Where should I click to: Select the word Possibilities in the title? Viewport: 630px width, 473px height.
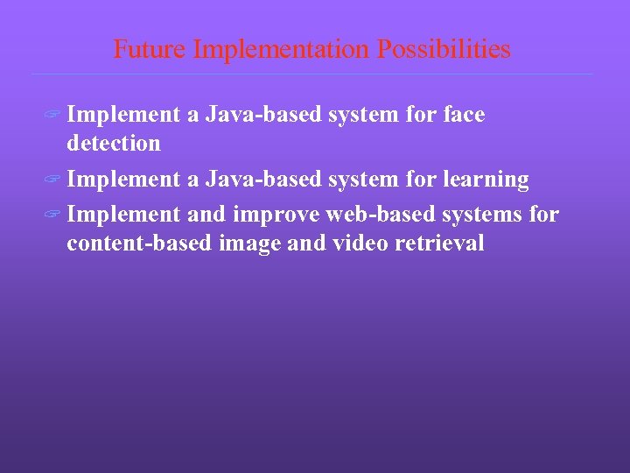tap(444, 49)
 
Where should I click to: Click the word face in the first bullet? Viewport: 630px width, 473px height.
tap(465, 115)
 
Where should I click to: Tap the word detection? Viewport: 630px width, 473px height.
tap(114, 143)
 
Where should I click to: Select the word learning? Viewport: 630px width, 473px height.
tap(487, 180)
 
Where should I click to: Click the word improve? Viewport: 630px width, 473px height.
tap(272, 215)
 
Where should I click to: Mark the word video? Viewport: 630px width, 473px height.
tap(360, 243)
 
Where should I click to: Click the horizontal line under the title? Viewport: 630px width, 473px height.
tap(311, 74)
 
